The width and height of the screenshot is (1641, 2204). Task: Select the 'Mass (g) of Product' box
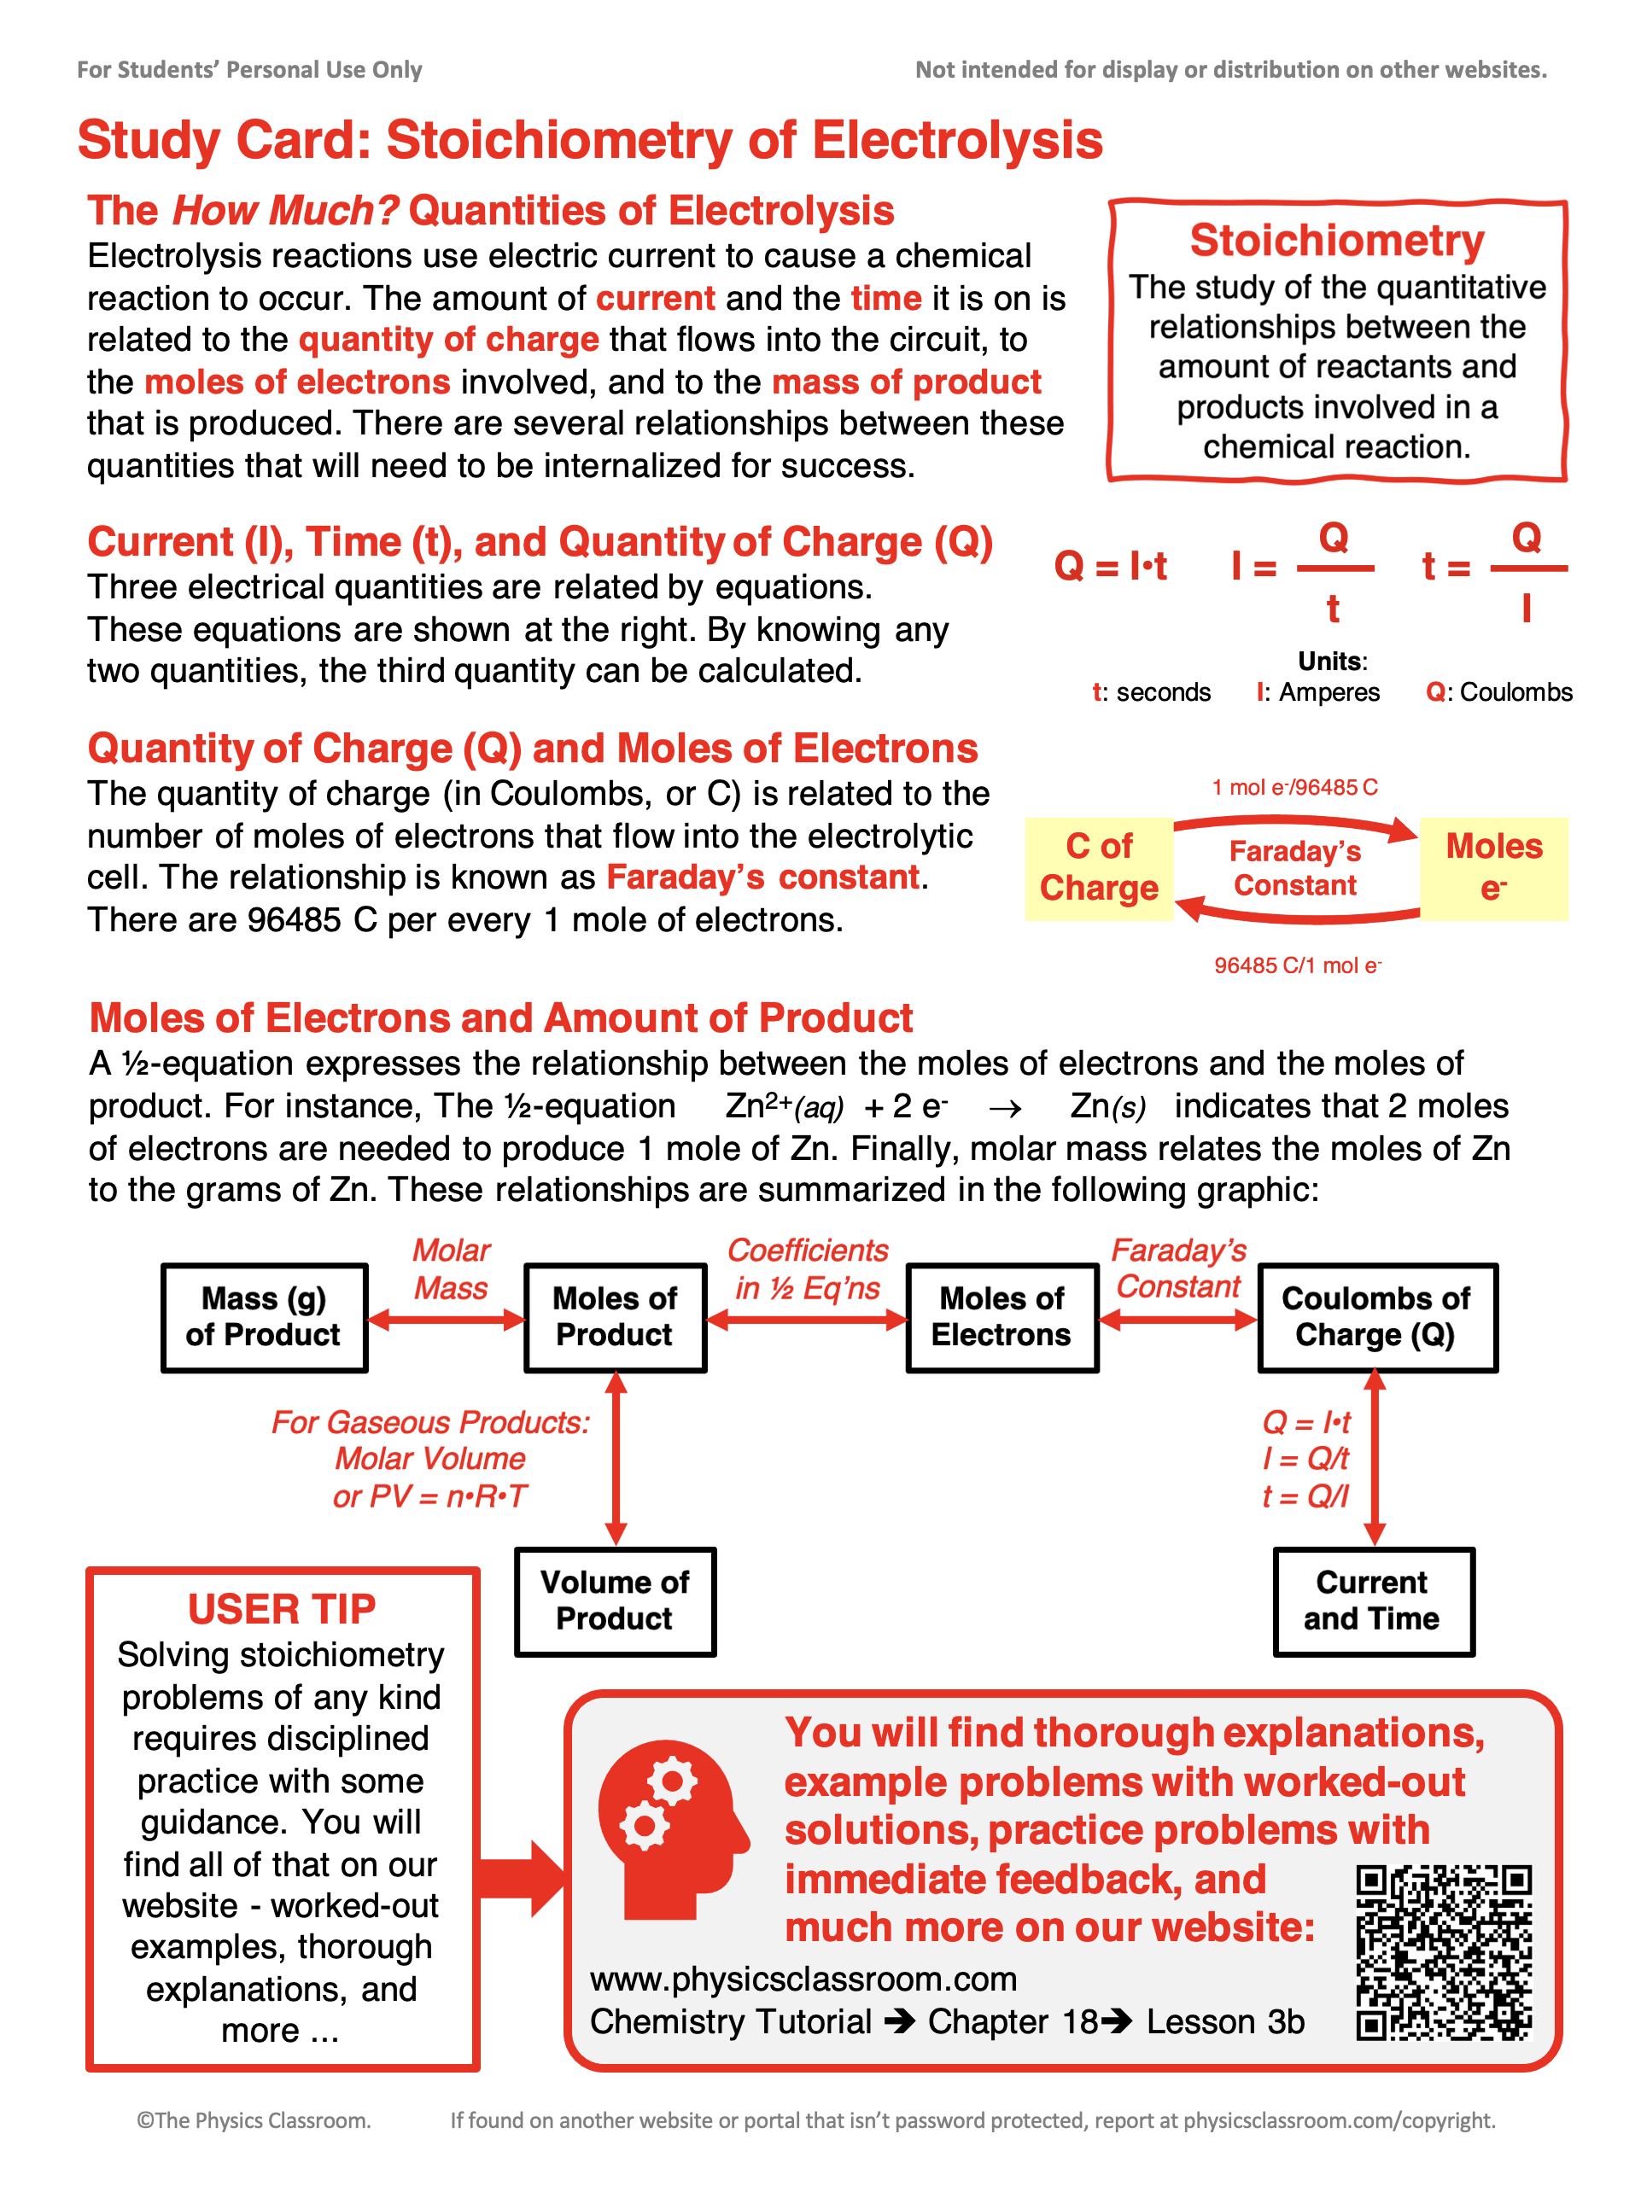pyautogui.click(x=264, y=1317)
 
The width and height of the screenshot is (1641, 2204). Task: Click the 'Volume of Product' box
pyautogui.click(x=615, y=1601)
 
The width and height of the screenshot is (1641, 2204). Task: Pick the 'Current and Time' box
pyautogui.click(x=1373, y=1601)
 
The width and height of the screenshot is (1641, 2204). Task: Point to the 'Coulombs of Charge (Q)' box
pyautogui.click(x=1377, y=1317)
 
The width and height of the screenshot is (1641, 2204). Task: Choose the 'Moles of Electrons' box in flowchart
pyautogui.click(x=1002, y=1317)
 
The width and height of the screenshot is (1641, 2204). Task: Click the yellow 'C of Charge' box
pyautogui.click(x=1099, y=868)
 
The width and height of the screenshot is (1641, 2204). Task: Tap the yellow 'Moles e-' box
pyautogui.click(x=1493, y=868)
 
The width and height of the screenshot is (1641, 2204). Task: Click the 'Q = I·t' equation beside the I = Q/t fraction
pyautogui.click(x=1110, y=567)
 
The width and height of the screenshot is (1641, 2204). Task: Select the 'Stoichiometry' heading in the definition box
pyautogui.click(x=1336, y=242)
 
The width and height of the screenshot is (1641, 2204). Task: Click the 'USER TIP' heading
pyautogui.click(x=282, y=1609)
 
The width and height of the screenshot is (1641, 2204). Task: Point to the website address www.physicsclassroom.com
pyautogui.click(x=803, y=1979)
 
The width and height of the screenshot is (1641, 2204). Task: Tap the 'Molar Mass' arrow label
pyautogui.click(x=451, y=1269)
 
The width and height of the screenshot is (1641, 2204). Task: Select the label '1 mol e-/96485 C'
pyautogui.click(x=1294, y=788)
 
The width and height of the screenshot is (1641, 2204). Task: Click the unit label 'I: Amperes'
pyautogui.click(x=1318, y=692)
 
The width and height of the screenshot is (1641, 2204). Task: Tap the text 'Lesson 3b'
pyautogui.click(x=1225, y=2022)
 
